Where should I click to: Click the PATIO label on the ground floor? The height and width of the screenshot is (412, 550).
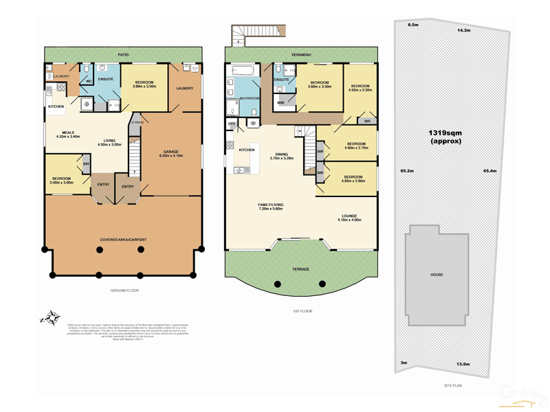pos(123,54)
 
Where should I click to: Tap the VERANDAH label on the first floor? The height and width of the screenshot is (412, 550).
pos(302,54)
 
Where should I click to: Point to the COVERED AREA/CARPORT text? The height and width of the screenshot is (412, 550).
pos(123,240)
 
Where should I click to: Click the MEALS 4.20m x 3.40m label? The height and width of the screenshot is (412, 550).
pos(69,135)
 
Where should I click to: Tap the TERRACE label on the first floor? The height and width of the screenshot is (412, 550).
pos(300,268)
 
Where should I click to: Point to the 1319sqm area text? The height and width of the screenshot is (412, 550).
pos(445,136)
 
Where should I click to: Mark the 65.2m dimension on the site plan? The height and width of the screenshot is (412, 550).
pos(406,170)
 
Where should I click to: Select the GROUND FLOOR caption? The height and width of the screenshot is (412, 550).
pos(124,291)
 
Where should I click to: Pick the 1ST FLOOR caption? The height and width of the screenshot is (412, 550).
pos(302,311)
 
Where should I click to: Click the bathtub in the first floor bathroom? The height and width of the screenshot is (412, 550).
pos(245,70)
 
